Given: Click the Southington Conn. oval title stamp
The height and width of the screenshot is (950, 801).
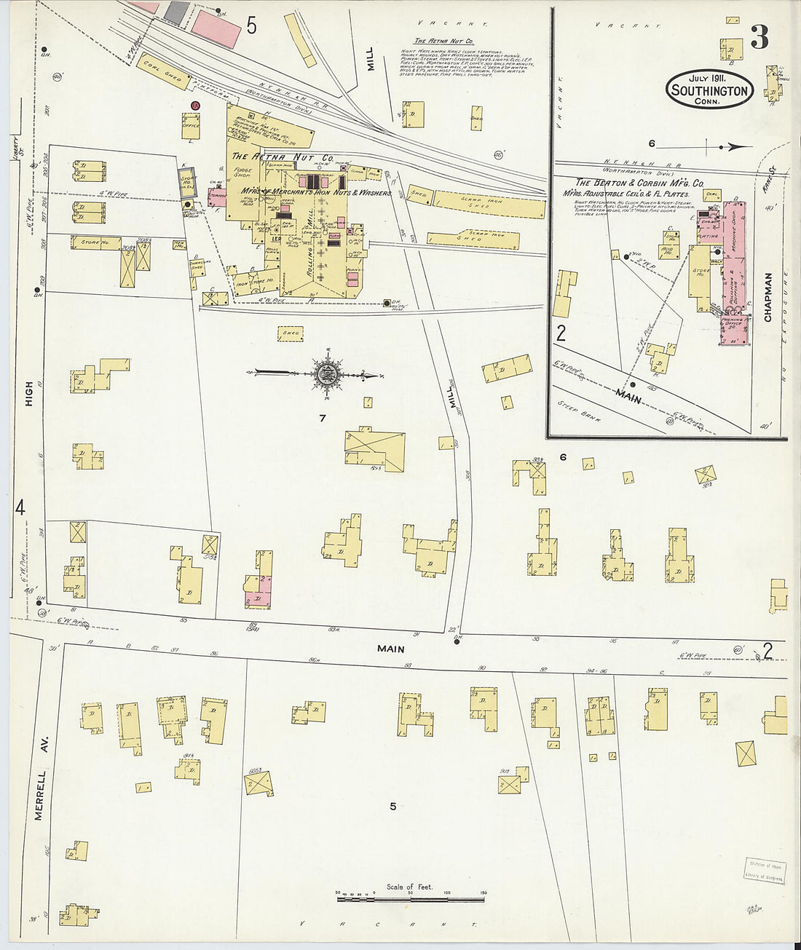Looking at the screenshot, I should point(709,90).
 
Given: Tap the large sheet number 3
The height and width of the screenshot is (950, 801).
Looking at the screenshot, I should point(759,37).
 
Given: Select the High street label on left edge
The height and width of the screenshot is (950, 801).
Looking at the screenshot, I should point(28,394).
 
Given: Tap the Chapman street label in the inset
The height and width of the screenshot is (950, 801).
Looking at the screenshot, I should point(768,297).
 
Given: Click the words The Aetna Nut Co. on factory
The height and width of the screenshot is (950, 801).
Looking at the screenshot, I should point(283,157).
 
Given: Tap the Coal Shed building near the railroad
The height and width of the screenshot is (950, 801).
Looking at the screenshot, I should point(162,71).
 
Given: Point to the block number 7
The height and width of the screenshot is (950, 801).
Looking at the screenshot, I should point(322,418).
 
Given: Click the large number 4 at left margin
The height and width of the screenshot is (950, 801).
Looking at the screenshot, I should point(20,507).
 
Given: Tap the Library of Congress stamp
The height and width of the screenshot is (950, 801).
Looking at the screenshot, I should point(764,870).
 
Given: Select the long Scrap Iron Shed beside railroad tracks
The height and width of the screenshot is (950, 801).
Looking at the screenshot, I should point(489,204).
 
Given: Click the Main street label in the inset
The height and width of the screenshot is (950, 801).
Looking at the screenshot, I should point(628,397).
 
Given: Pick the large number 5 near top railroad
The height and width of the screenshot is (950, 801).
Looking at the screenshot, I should point(251,26).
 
